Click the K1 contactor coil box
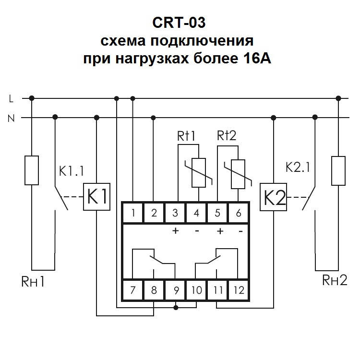tap(97, 197)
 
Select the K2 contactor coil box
tap(273, 197)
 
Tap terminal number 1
tap(133, 213)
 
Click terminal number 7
tap(133, 290)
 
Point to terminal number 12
tap(239, 290)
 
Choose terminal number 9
tap(175, 290)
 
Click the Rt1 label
tap(187, 136)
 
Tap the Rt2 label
tap(227, 136)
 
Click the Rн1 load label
tap(33, 281)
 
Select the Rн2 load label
tap(335, 280)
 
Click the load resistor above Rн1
tap(32, 170)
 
